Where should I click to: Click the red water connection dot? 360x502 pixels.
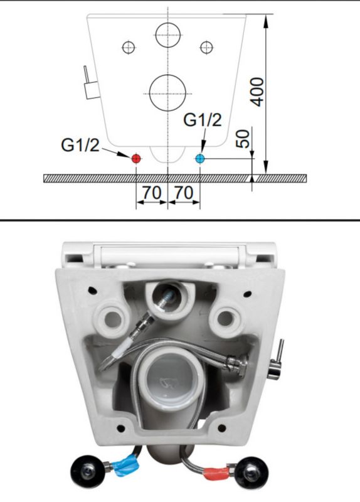(136, 158)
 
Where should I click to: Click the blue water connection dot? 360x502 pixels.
(200, 158)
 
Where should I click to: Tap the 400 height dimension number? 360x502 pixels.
(258, 92)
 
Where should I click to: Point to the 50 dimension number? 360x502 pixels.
(243, 139)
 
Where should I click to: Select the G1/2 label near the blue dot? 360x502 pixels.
(202, 120)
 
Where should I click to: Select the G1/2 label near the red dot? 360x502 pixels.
(80, 146)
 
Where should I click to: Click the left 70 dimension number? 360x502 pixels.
(152, 193)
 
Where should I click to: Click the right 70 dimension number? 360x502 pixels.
(184, 193)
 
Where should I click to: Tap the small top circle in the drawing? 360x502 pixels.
(168, 23)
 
